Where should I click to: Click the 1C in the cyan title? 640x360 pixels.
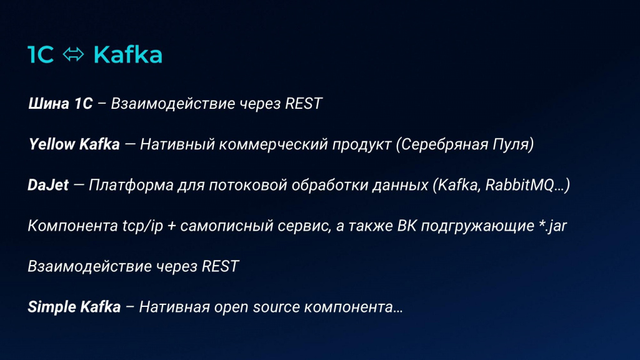[41, 55]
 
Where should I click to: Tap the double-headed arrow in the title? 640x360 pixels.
[74, 55]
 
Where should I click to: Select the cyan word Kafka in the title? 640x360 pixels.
[127, 55]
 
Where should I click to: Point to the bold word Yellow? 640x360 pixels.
[51, 144]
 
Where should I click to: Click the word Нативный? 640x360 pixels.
[177, 144]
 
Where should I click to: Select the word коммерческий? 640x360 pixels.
[273, 144]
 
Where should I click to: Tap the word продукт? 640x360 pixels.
[362, 144]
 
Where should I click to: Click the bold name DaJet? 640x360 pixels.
[48, 185]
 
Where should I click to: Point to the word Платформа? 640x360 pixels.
[131, 185]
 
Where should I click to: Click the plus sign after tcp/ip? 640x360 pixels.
[172, 226]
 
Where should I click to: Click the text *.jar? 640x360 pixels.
[552, 226]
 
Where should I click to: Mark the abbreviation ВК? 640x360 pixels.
[407, 226]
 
